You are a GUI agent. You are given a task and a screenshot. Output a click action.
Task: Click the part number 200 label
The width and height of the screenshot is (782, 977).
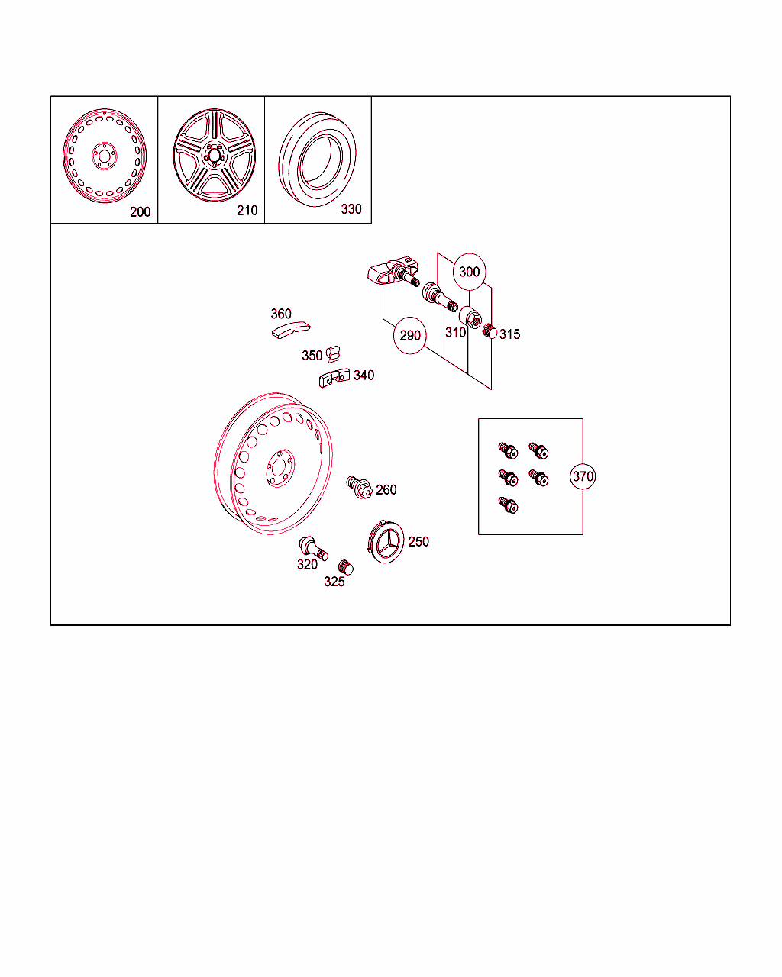pyautogui.click(x=140, y=212)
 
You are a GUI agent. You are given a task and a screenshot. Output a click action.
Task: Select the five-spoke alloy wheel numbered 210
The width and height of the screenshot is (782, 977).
pyautogui.click(x=214, y=155)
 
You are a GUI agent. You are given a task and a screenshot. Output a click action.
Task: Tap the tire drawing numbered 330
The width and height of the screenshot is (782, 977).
pyautogui.click(x=317, y=160)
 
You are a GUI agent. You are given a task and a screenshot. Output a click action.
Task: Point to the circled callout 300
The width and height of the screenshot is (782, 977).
pyautogui.click(x=470, y=272)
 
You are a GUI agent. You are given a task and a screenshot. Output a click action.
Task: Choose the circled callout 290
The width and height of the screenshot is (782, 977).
pyautogui.click(x=410, y=336)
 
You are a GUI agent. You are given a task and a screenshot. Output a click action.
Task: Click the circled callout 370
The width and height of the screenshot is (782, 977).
pyautogui.click(x=583, y=476)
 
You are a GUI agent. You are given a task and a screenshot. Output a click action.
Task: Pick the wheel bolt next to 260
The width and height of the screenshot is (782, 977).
pyautogui.click(x=359, y=488)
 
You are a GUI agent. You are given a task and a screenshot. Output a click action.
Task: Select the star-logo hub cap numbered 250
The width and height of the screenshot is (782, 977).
pyautogui.click(x=386, y=542)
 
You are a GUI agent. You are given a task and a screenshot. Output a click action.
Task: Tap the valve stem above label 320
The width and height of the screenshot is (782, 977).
pyautogui.click(x=313, y=547)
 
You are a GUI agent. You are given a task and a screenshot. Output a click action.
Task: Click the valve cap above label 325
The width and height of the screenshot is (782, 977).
pyautogui.click(x=346, y=567)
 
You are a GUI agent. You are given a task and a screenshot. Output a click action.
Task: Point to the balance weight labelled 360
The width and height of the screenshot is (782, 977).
pyautogui.click(x=291, y=330)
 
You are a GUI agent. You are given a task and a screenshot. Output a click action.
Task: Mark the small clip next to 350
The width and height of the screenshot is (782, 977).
pyautogui.click(x=333, y=354)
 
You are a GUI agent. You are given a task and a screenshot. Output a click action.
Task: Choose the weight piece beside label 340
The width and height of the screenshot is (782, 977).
pyautogui.click(x=334, y=378)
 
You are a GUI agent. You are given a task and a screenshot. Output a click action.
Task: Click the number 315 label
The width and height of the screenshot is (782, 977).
pyautogui.click(x=509, y=334)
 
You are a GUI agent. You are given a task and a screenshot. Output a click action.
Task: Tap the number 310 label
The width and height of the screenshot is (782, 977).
pyautogui.click(x=455, y=332)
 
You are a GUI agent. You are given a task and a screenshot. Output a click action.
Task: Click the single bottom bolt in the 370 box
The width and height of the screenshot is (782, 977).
pyautogui.click(x=508, y=505)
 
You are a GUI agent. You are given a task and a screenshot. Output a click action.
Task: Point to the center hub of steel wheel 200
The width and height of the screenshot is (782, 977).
pyautogui.click(x=105, y=156)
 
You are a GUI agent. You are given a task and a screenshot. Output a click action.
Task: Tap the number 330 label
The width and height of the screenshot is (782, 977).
pyautogui.click(x=351, y=209)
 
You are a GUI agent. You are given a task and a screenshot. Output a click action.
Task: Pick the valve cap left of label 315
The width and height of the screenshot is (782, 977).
pyautogui.click(x=490, y=331)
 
